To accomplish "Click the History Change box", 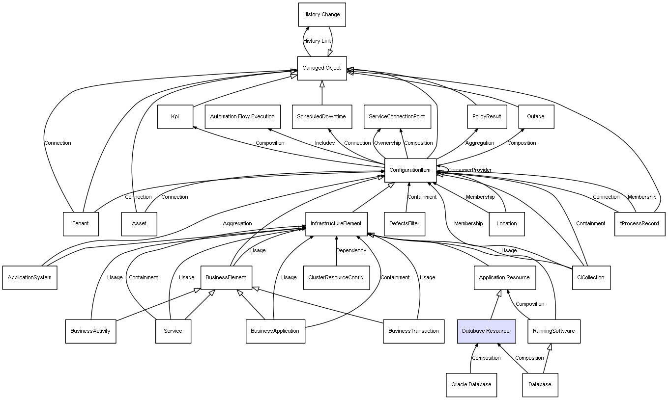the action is coord(322,15).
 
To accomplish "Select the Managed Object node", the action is coord(322,68).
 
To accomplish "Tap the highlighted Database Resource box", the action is coord(486,331).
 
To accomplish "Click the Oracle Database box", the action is coord(471,385).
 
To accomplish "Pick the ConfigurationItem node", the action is coord(410,170).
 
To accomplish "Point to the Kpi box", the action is coord(175,116).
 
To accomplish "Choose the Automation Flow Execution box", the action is coord(242,116).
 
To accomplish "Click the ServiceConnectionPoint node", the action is coord(397,116).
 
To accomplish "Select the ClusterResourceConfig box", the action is coord(336,278).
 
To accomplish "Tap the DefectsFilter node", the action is coord(405,224).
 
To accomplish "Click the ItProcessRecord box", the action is coord(639,224).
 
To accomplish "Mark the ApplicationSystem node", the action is coord(29,278).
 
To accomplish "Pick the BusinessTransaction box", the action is coord(413,331).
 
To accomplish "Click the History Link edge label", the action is coord(317,41).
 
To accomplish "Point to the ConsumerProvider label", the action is coord(470,170).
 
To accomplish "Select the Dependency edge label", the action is coord(351,250).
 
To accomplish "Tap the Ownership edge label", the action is coord(387,143).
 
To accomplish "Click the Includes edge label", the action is coord(325,143).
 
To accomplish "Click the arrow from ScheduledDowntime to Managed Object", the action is coord(322,93).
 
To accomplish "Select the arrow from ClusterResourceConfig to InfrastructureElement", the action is coord(336,251).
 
